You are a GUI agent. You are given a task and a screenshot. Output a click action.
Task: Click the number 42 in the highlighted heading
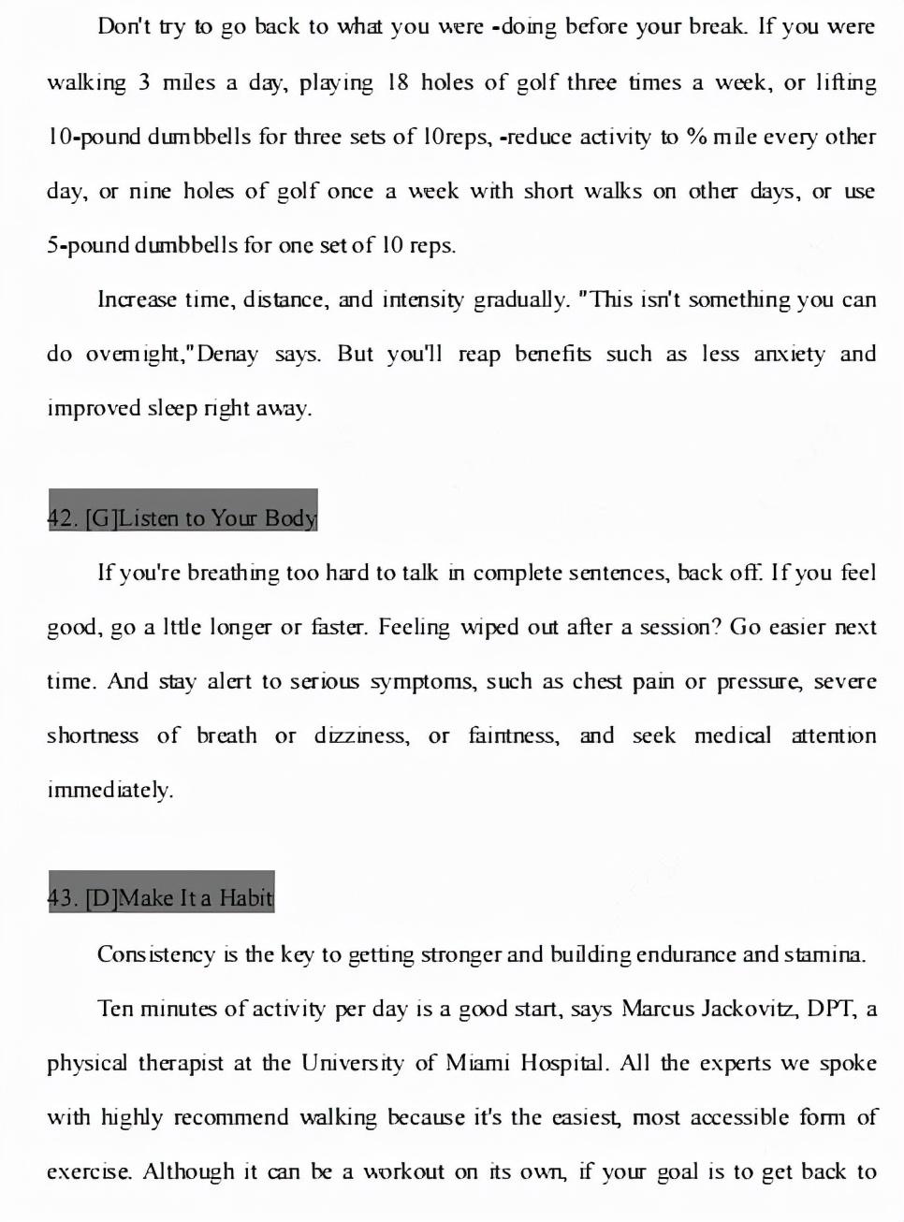click(62, 518)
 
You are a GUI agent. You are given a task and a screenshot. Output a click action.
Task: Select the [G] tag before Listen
click(101, 518)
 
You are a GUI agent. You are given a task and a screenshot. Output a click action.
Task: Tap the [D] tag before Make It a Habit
click(101, 898)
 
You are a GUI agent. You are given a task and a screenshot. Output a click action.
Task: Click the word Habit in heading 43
click(246, 898)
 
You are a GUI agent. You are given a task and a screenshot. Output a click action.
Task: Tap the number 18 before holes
click(398, 82)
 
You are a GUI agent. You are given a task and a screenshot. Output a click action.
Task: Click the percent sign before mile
click(695, 137)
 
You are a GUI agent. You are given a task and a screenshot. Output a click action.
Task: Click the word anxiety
click(789, 355)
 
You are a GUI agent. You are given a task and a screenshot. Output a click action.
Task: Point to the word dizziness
click(361, 735)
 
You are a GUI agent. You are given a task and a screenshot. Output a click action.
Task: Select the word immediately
click(110, 790)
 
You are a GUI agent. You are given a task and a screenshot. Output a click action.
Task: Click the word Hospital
click(564, 1063)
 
